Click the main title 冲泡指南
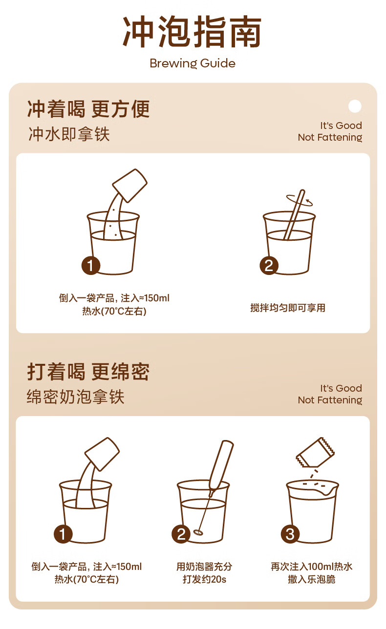point(192,31)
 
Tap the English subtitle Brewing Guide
point(193,63)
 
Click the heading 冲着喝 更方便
point(88,109)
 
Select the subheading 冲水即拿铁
point(69,134)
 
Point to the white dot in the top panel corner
point(355,106)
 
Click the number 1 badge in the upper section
point(91,265)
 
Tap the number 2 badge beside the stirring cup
point(269,265)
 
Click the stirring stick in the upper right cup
point(294,215)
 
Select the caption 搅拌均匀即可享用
point(288,308)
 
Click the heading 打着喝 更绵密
point(88,372)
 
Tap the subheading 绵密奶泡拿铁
point(76,397)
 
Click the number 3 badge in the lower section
point(290,534)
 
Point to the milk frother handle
point(221,465)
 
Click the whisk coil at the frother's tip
point(198,531)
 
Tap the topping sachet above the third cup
point(315,452)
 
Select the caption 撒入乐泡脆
point(312,579)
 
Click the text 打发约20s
point(204,579)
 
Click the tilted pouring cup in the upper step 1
point(130,186)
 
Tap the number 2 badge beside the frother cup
point(181,534)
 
